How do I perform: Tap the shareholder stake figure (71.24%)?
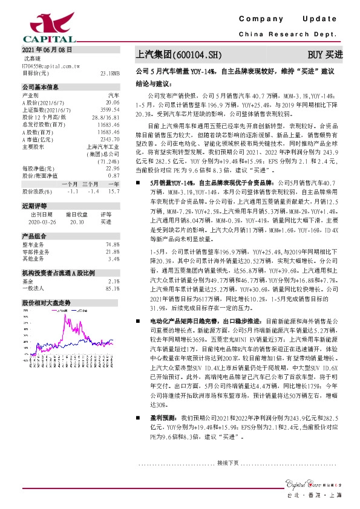coord(107,161)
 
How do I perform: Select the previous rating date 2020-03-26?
coord(41,222)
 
